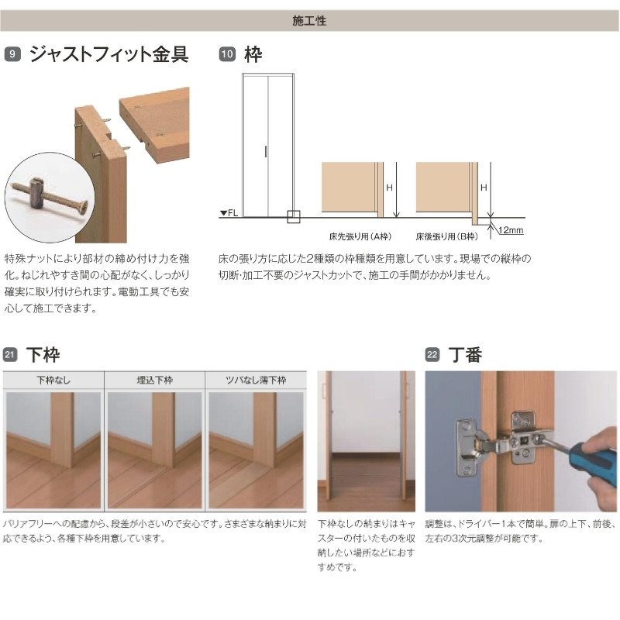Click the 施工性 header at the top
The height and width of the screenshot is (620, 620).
(309, 21)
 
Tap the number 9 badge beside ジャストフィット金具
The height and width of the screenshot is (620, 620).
(12, 54)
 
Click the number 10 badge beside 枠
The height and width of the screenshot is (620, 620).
(227, 54)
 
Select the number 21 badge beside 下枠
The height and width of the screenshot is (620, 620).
(11, 356)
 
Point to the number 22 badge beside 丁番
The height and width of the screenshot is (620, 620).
(432, 356)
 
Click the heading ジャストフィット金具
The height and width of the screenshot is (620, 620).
(108, 54)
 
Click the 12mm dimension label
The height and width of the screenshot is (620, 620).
(512, 230)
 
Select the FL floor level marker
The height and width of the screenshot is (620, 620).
(228, 213)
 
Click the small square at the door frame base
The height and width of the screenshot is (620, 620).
(293, 217)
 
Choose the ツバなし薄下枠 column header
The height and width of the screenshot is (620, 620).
(256, 381)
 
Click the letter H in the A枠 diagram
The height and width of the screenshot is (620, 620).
(391, 188)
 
